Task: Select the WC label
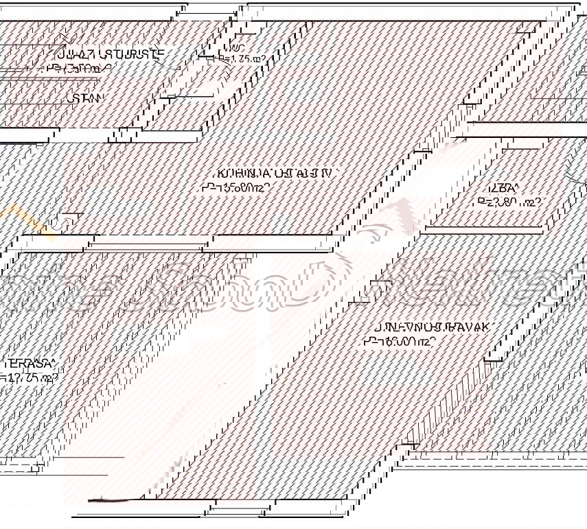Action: (x=237, y=48)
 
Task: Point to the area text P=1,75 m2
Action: (x=242, y=59)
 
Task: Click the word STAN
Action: (x=86, y=98)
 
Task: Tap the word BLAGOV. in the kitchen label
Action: (x=308, y=174)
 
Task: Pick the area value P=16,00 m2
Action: (x=399, y=341)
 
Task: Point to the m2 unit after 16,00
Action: (x=423, y=341)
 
